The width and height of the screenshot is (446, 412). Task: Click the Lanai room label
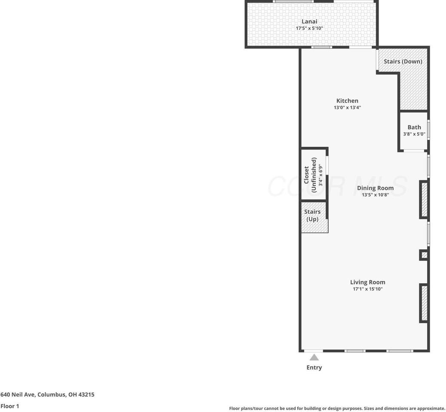pyautogui.click(x=309, y=21)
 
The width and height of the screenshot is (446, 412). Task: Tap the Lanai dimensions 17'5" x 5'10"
pyautogui.click(x=309, y=28)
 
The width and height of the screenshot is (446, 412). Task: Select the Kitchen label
pyautogui.click(x=347, y=101)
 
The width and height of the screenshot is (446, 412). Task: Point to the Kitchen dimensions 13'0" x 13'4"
pyautogui.click(x=347, y=108)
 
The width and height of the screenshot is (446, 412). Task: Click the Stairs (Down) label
pyautogui.click(x=403, y=61)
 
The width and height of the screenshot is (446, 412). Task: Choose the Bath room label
pyautogui.click(x=414, y=127)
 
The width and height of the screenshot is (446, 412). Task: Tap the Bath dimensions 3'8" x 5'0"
pyautogui.click(x=414, y=134)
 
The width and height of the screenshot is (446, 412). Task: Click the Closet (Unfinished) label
pyautogui.click(x=310, y=175)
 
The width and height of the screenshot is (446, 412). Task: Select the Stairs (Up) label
pyautogui.click(x=312, y=215)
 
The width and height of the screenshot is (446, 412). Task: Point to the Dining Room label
pyautogui.click(x=375, y=188)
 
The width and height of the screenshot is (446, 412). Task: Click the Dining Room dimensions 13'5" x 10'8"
pyautogui.click(x=375, y=195)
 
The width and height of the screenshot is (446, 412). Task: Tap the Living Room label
pyautogui.click(x=367, y=282)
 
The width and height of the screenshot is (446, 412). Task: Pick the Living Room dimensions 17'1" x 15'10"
pyautogui.click(x=367, y=289)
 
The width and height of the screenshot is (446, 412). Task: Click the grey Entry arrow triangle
pyautogui.click(x=314, y=357)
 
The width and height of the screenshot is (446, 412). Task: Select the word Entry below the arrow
pyautogui.click(x=314, y=367)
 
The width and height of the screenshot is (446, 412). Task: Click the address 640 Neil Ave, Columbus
pyautogui.click(x=47, y=394)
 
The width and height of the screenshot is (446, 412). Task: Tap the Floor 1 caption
pyautogui.click(x=10, y=406)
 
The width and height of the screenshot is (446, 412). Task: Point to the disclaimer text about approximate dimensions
pyautogui.click(x=337, y=409)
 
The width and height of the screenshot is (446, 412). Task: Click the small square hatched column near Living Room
pyautogui.click(x=424, y=255)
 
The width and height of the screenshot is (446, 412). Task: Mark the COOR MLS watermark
pyautogui.click(x=337, y=187)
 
